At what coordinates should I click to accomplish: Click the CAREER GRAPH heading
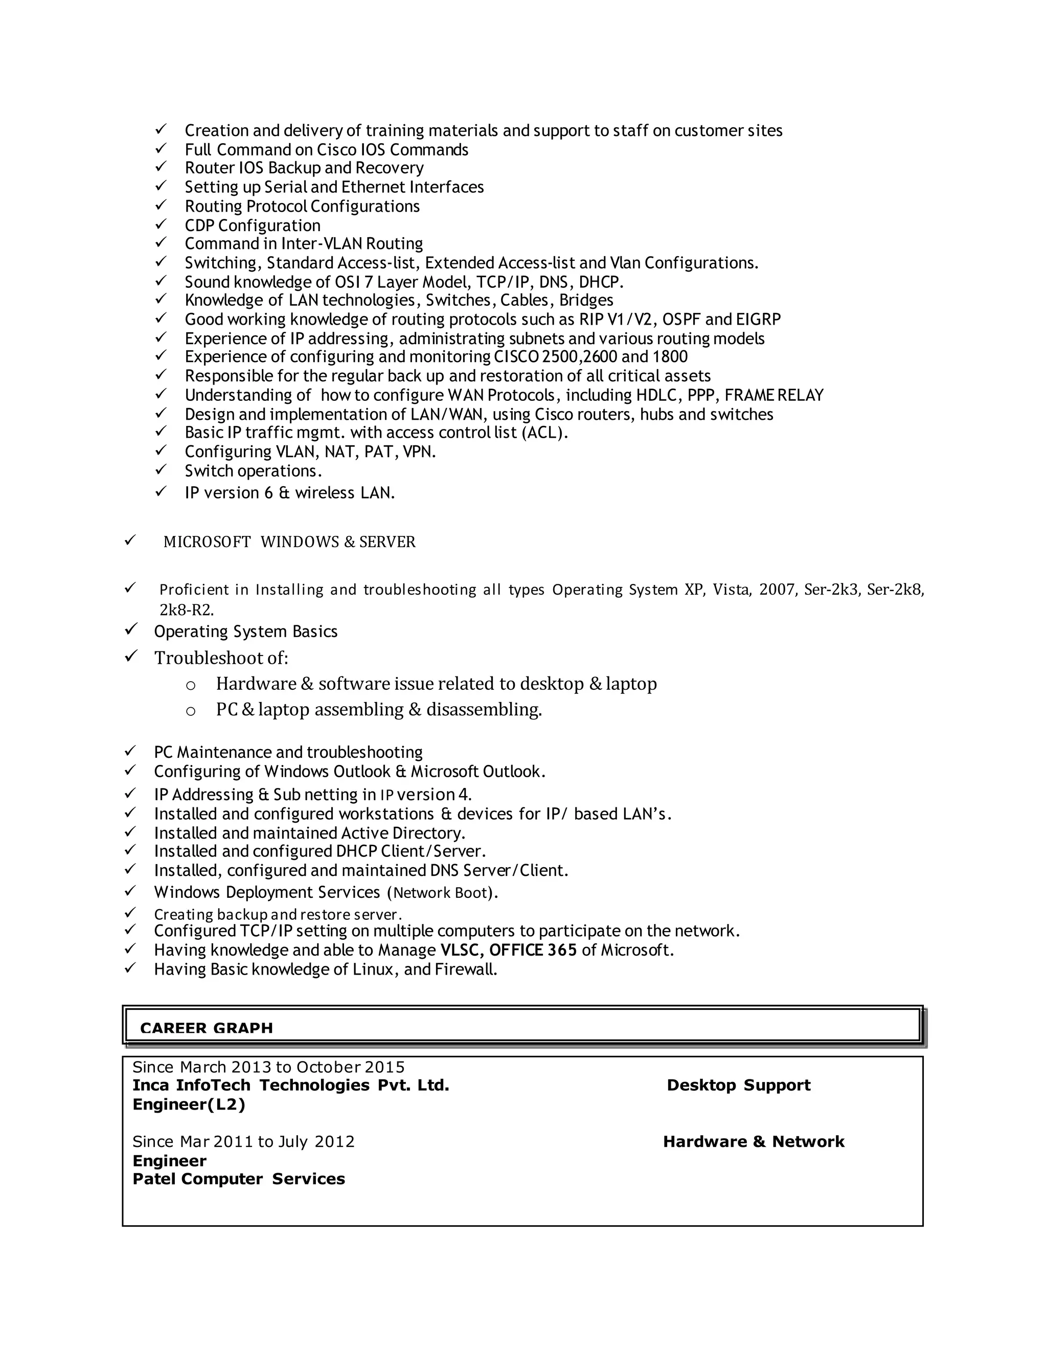click(x=207, y=1028)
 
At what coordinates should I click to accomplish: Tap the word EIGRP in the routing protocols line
click(x=758, y=320)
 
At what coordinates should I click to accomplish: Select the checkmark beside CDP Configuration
click(x=161, y=224)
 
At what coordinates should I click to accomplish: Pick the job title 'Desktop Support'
click(x=738, y=1085)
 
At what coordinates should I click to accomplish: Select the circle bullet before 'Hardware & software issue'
click(x=191, y=686)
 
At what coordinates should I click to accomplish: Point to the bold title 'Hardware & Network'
click(x=754, y=1142)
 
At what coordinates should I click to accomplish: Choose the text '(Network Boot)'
click(x=442, y=893)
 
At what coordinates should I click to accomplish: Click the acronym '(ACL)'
click(x=544, y=433)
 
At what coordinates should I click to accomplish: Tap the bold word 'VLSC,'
click(x=463, y=950)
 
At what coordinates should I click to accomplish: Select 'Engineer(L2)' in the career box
click(x=189, y=1104)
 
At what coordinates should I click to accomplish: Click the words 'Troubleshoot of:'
click(x=221, y=658)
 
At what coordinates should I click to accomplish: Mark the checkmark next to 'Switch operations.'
click(x=161, y=470)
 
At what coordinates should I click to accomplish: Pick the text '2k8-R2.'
click(x=187, y=609)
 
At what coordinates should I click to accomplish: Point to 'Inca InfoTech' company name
click(x=192, y=1085)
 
